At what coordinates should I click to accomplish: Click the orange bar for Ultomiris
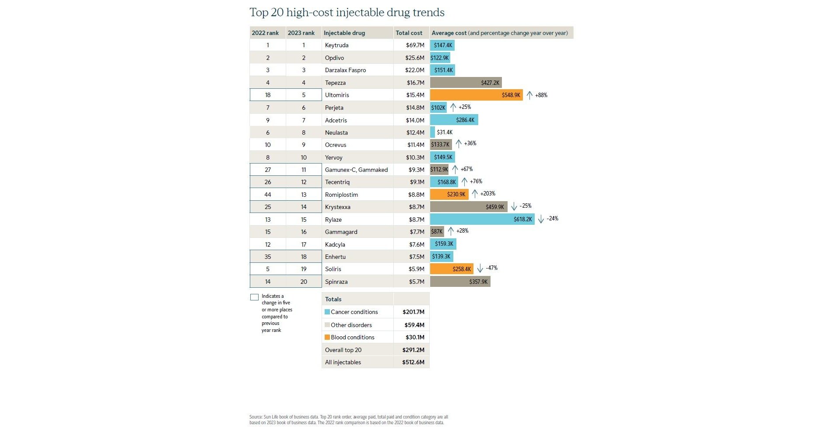(x=476, y=95)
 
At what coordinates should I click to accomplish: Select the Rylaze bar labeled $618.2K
(x=482, y=219)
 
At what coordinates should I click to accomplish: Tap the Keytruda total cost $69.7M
(x=415, y=45)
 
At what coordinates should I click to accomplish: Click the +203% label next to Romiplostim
(x=487, y=193)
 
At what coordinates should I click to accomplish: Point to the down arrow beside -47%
(x=480, y=268)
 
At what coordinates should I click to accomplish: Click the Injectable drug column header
(x=344, y=33)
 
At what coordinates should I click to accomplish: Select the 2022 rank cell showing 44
(x=268, y=195)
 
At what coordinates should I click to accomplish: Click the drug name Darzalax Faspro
(x=345, y=70)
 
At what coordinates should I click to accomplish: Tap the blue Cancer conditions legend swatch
(x=327, y=312)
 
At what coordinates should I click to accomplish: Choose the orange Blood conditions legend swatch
(x=327, y=337)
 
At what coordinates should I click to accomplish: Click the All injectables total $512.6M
(x=413, y=362)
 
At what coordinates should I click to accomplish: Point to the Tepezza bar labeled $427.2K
(x=466, y=83)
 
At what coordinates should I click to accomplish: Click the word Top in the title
(x=259, y=12)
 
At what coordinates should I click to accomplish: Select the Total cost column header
(x=409, y=33)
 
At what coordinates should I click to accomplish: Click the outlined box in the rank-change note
(x=254, y=297)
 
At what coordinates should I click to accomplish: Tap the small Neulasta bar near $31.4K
(x=433, y=132)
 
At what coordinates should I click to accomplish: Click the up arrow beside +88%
(x=529, y=95)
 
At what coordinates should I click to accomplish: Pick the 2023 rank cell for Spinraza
(x=304, y=282)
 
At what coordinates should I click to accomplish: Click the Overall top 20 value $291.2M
(x=413, y=350)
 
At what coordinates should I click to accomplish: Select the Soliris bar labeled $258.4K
(x=451, y=269)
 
